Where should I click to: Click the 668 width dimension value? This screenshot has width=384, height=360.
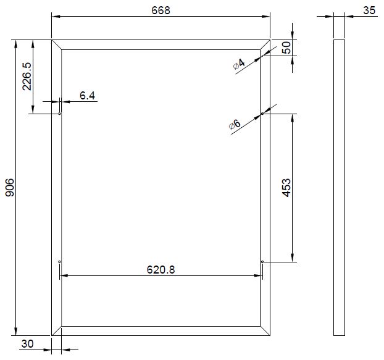click(x=160, y=10)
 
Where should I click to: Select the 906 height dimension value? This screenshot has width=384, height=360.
click(x=9, y=187)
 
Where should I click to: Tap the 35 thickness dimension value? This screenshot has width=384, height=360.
click(x=369, y=10)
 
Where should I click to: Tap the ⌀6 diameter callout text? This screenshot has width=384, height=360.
click(x=235, y=125)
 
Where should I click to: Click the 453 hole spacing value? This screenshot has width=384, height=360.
click(x=286, y=188)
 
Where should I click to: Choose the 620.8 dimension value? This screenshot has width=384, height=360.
click(x=160, y=269)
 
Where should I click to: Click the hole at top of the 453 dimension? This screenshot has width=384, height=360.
click(x=262, y=114)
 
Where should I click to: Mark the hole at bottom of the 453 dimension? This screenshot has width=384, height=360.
click(x=262, y=262)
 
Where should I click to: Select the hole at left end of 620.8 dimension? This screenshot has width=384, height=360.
click(x=59, y=262)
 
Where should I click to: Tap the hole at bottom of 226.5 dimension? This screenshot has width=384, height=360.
click(x=59, y=114)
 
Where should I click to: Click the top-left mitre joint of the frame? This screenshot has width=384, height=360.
click(x=57, y=44)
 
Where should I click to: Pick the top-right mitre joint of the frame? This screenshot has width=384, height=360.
click(x=265, y=44)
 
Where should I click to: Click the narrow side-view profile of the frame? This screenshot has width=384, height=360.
click(x=339, y=187)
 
